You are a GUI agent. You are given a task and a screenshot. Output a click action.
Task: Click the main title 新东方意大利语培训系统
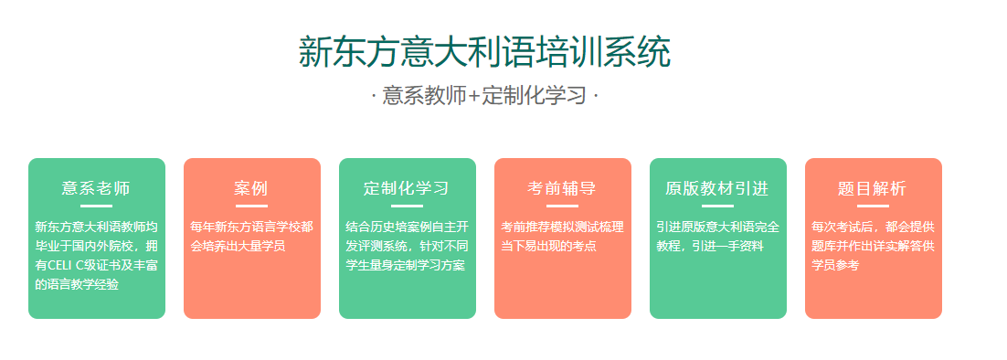(484, 52)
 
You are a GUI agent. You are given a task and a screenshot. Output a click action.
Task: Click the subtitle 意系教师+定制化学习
(484, 96)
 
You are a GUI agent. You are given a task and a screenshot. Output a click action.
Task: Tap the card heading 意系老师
(96, 188)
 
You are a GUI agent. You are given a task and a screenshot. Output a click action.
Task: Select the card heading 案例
(251, 188)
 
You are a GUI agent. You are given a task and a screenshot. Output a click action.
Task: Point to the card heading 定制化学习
(407, 188)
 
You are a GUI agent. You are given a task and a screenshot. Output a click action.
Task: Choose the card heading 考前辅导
(562, 188)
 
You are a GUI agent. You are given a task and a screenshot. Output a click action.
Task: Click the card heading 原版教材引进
(717, 188)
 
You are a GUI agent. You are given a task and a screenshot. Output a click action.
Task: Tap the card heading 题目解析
(873, 188)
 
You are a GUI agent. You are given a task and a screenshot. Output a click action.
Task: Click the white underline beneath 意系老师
(96, 206)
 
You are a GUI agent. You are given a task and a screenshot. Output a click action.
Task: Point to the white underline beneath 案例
(252, 206)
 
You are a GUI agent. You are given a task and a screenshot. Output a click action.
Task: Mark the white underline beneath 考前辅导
(563, 206)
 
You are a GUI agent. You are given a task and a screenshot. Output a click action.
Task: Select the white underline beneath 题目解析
(874, 206)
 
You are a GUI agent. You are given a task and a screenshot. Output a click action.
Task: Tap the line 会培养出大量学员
(238, 247)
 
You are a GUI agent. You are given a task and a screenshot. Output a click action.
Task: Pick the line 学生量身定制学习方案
(405, 266)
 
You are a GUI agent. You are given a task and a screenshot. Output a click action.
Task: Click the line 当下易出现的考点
(548, 247)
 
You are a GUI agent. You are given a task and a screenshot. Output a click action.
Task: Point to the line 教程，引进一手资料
(710, 247)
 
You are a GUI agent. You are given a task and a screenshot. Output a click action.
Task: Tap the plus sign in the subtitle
(474, 97)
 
